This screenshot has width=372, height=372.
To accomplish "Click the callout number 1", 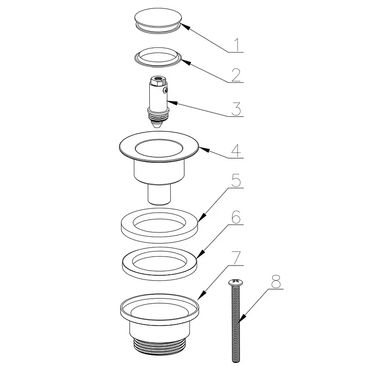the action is coord(237,45).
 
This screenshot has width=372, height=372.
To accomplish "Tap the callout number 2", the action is coord(236,75).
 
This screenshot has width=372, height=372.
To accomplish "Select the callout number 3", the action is coord(236,109).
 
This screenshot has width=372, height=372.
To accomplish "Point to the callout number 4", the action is coord(236,151).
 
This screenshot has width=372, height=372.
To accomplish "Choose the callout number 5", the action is coord(236,180).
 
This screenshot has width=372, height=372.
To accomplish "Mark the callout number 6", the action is coord(236,217).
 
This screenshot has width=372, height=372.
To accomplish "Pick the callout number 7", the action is coord(237,258).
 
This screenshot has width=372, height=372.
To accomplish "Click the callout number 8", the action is coord(276,282).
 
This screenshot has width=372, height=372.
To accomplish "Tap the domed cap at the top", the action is coord(158,20).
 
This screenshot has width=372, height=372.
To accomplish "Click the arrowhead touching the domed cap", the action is coord(186,26).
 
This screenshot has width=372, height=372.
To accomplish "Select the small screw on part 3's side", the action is coord(166,90).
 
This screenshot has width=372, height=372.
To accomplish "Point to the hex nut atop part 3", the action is coord(158,80).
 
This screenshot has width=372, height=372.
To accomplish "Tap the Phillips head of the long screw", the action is coord(236,282).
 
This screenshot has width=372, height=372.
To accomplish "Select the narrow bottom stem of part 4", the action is coord(159,194).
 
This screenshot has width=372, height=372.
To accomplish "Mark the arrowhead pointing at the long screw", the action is coord(242,318).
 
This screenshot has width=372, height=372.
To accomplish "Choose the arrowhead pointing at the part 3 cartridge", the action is coord(172,103).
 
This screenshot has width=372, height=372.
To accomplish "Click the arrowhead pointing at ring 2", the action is coord(186,62).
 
